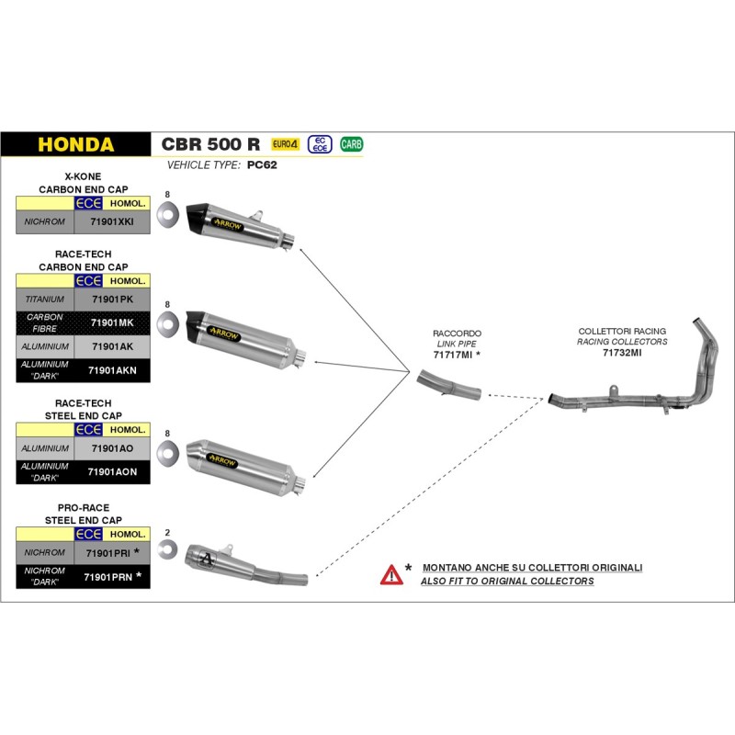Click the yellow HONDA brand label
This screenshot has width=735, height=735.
pos(75,145)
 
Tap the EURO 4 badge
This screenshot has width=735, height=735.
pos(286,144)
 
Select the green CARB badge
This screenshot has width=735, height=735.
pos(351,144)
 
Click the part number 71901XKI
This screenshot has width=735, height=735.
pos(112,222)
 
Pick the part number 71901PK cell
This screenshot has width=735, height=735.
pos(112,300)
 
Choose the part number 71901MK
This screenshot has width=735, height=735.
pos(112,322)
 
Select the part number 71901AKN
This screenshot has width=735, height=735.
pos(112,370)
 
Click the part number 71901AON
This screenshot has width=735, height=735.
pos(112,471)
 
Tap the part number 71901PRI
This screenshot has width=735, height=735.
pos(107,553)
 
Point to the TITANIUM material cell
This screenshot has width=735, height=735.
pos(45,300)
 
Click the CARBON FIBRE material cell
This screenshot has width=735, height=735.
pos(45,322)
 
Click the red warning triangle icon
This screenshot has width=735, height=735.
pos(391,575)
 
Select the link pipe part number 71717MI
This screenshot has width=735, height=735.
pos(453,354)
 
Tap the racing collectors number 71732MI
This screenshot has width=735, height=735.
pos(622,352)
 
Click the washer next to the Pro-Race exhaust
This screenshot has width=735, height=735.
pos(167,550)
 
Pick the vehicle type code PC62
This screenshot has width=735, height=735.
pos(262,166)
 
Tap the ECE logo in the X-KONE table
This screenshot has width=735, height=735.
pos(88,203)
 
